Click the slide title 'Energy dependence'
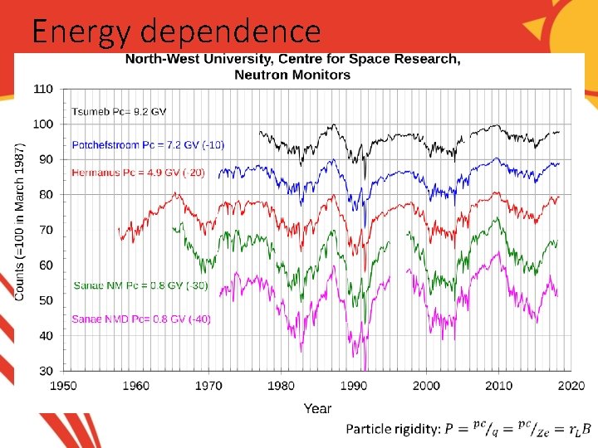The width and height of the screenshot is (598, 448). point(175,32)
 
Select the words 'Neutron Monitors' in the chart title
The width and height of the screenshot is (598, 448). point(292,75)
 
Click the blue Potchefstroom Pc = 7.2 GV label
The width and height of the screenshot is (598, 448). point(148,144)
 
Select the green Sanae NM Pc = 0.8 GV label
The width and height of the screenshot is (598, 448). point(140,286)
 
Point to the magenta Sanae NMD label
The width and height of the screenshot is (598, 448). point(140,319)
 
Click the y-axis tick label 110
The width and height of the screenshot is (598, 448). point(43,89)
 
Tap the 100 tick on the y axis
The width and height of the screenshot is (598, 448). point(43,124)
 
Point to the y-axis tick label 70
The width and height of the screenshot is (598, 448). point(46,230)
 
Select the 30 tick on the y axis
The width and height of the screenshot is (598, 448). point(46,371)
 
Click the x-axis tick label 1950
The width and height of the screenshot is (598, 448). point(64,386)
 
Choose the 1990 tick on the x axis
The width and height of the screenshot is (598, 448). point(354,386)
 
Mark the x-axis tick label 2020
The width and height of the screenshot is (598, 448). point(571,386)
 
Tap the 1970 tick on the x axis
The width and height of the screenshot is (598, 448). point(208,386)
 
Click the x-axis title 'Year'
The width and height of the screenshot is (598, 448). point(317,407)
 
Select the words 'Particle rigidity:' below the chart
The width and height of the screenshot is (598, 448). point(392,429)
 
